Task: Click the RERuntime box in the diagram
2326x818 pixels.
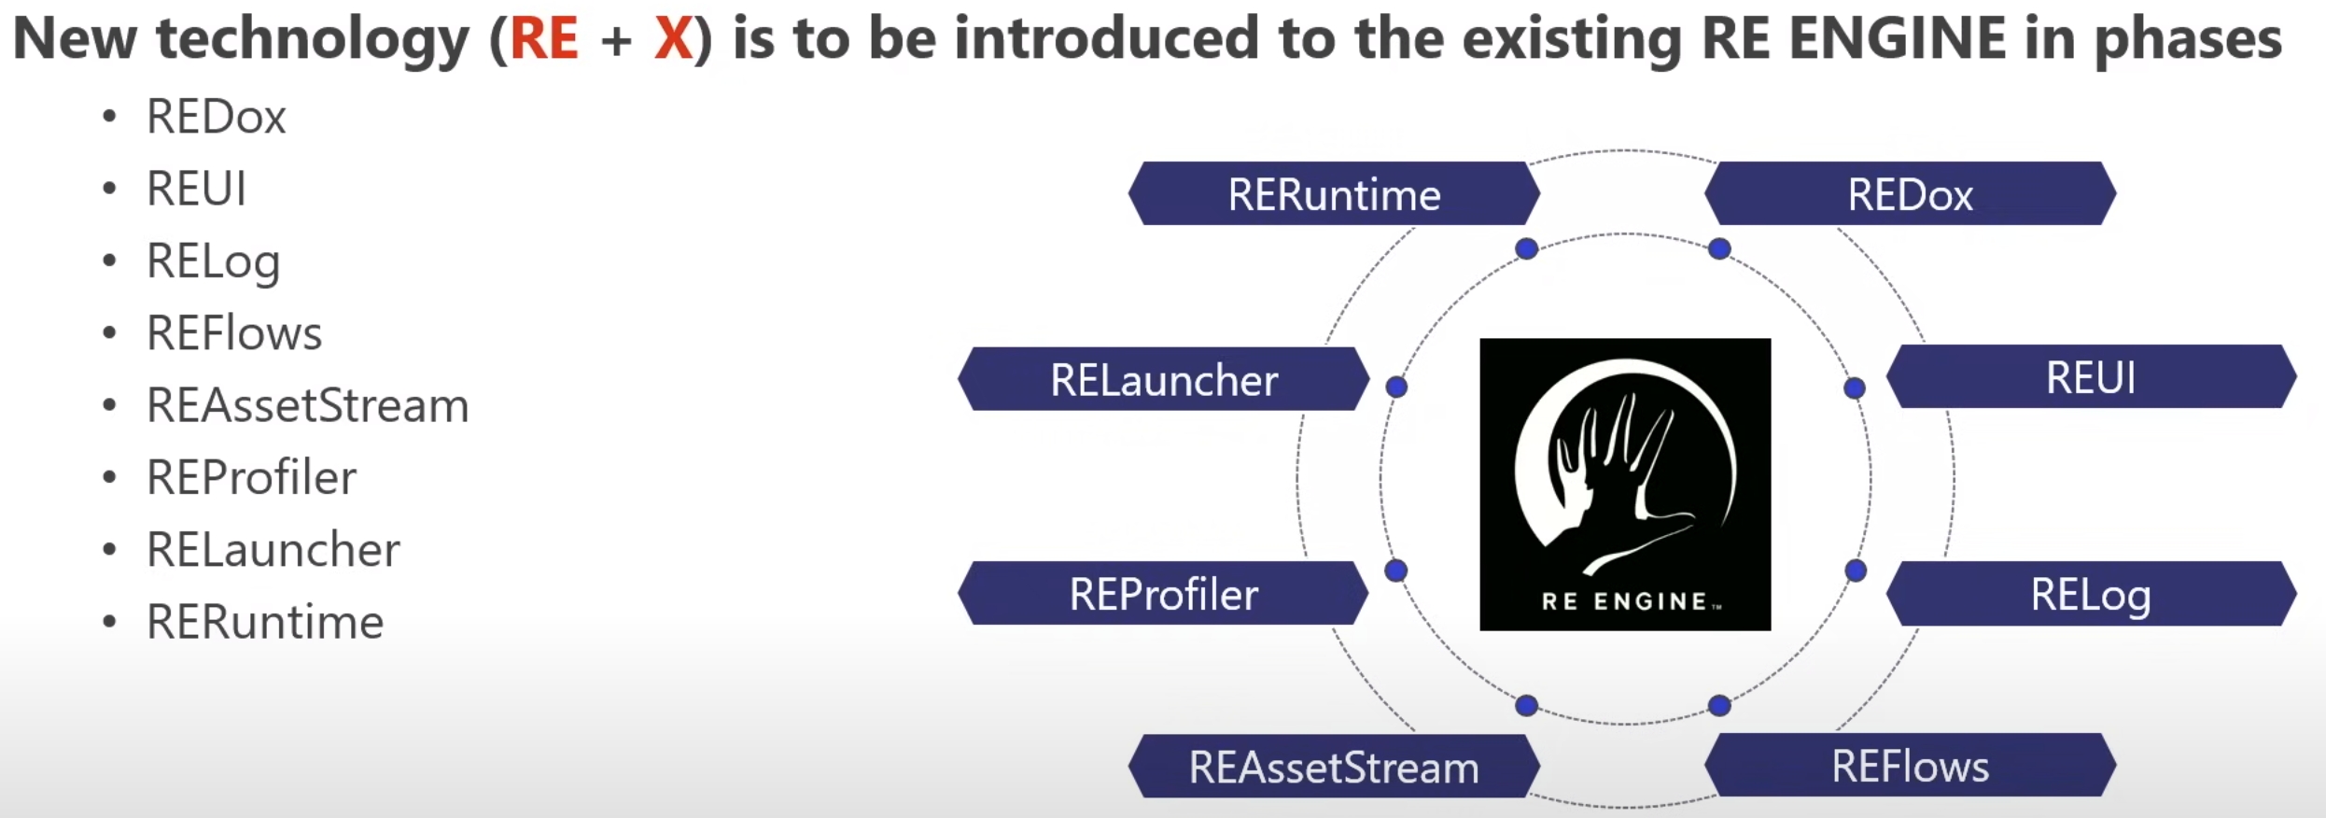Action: [1334, 194]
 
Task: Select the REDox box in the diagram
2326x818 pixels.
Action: [1910, 194]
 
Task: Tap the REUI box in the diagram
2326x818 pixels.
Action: [2091, 377]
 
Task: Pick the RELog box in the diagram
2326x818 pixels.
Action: [2091, 594]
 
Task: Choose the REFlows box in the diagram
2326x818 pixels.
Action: [1910, 766]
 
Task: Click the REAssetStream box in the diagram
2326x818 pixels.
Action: [1334, 767]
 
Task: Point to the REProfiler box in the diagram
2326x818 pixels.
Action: [1163, 594]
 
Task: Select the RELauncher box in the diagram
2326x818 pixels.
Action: [1163, 379]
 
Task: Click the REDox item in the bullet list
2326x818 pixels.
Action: [216, 117]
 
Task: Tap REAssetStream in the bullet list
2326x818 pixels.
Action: [307, 405]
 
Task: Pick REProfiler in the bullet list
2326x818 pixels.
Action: [251, 477]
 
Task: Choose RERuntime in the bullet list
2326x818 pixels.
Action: [265, 622]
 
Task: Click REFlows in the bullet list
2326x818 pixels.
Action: [234, 333]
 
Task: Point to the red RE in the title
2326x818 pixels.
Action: [544, 39]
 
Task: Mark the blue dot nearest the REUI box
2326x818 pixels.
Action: [1855, 388]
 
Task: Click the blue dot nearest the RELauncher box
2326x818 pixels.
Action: [1396, 387]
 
